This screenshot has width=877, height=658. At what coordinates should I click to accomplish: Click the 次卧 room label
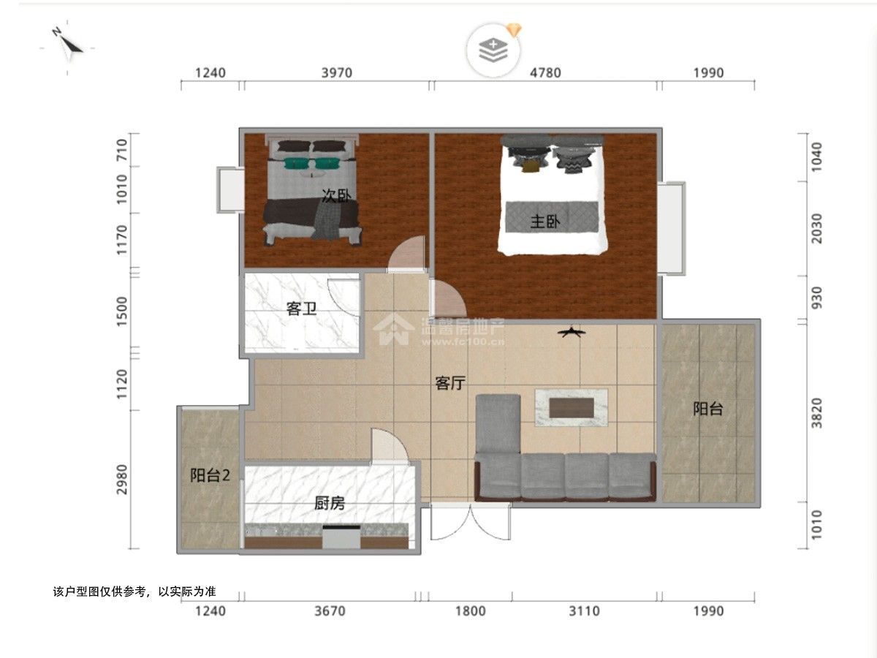(336, 196)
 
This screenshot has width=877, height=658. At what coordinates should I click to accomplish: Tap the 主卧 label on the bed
(545, 222)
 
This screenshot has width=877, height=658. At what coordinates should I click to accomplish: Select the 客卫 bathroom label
(301, 309)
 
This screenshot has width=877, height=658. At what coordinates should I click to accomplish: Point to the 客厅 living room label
(450, 384)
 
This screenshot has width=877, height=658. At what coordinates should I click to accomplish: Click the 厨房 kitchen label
(329, 504)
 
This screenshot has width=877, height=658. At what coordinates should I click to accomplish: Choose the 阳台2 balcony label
(210, 475)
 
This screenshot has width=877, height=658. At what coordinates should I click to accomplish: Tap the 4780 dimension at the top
(545, 72)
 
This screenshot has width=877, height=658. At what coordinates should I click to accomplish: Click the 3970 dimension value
(337, 72)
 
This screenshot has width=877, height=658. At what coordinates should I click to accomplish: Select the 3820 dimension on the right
(817, 413)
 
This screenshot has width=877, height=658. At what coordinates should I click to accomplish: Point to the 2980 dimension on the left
(121, 480)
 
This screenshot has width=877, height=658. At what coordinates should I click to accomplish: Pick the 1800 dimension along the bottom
(471, 611)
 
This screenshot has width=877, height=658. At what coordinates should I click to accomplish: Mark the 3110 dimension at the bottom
(584, 611)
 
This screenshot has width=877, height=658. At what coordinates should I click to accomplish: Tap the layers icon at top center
(493, 50)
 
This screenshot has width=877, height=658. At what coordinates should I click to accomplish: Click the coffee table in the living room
(572, 407)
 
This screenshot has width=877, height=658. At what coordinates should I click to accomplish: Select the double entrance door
(471, 521)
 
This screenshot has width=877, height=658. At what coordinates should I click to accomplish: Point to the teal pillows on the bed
(312, 163)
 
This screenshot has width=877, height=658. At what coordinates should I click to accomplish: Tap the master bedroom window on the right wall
(672, 228)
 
